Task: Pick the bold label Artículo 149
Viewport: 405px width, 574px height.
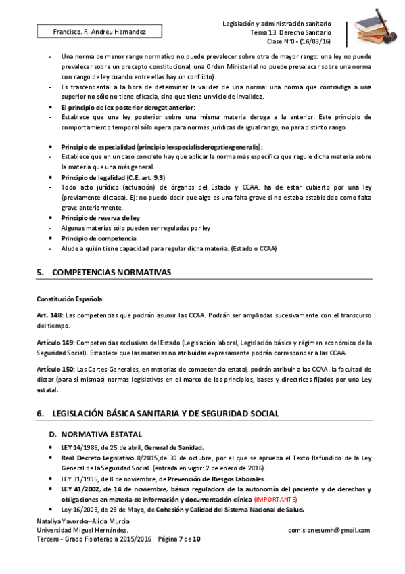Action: click(55, 343)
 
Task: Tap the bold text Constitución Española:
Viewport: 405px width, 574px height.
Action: click(70, 298)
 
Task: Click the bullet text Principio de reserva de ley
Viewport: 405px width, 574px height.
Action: click(100, 218)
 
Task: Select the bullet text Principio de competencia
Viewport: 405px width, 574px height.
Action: click(98, 238)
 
